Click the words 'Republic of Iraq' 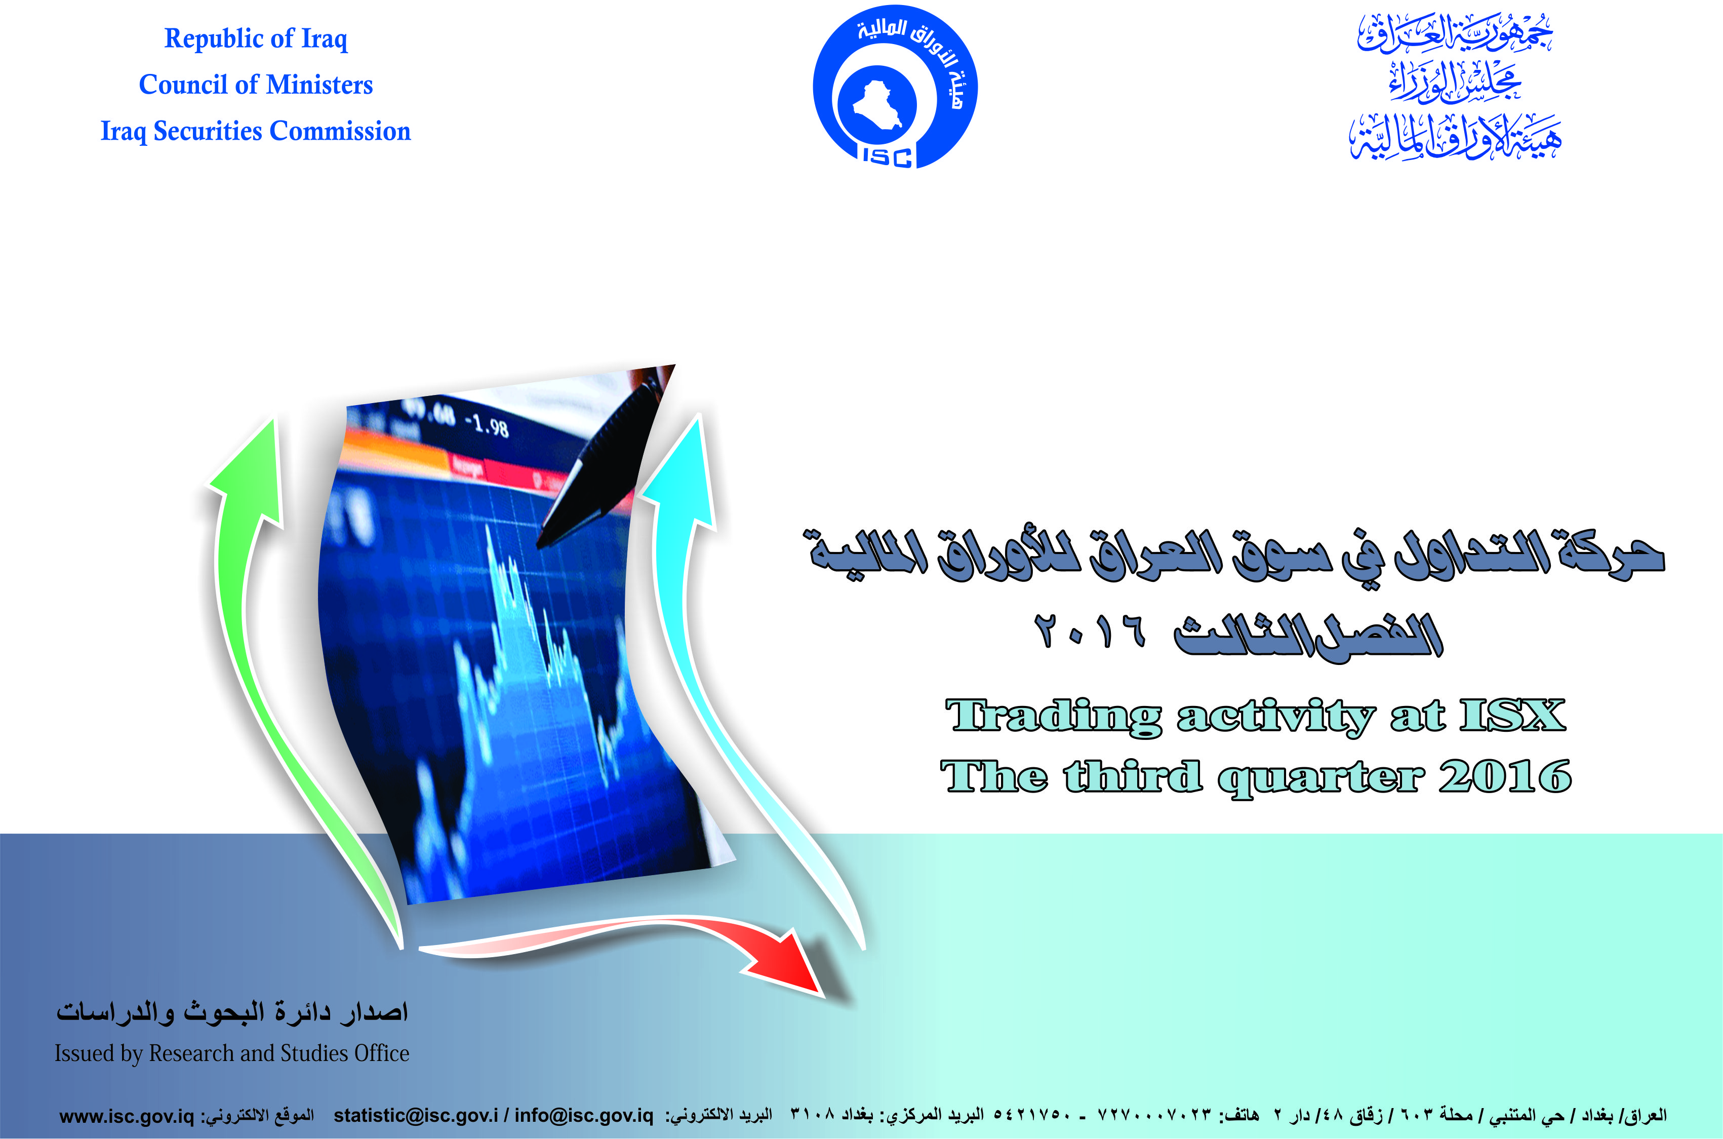pyautogui.click(x=256, y=39)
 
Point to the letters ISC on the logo pyautogui.click(x=887, y=156)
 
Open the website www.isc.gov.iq pyautogui.click(x=127, y=1116)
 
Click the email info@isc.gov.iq pyautogui.click(x=584, y=1116)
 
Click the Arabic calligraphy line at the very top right pyautogui.click(x=1455, y=34)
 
